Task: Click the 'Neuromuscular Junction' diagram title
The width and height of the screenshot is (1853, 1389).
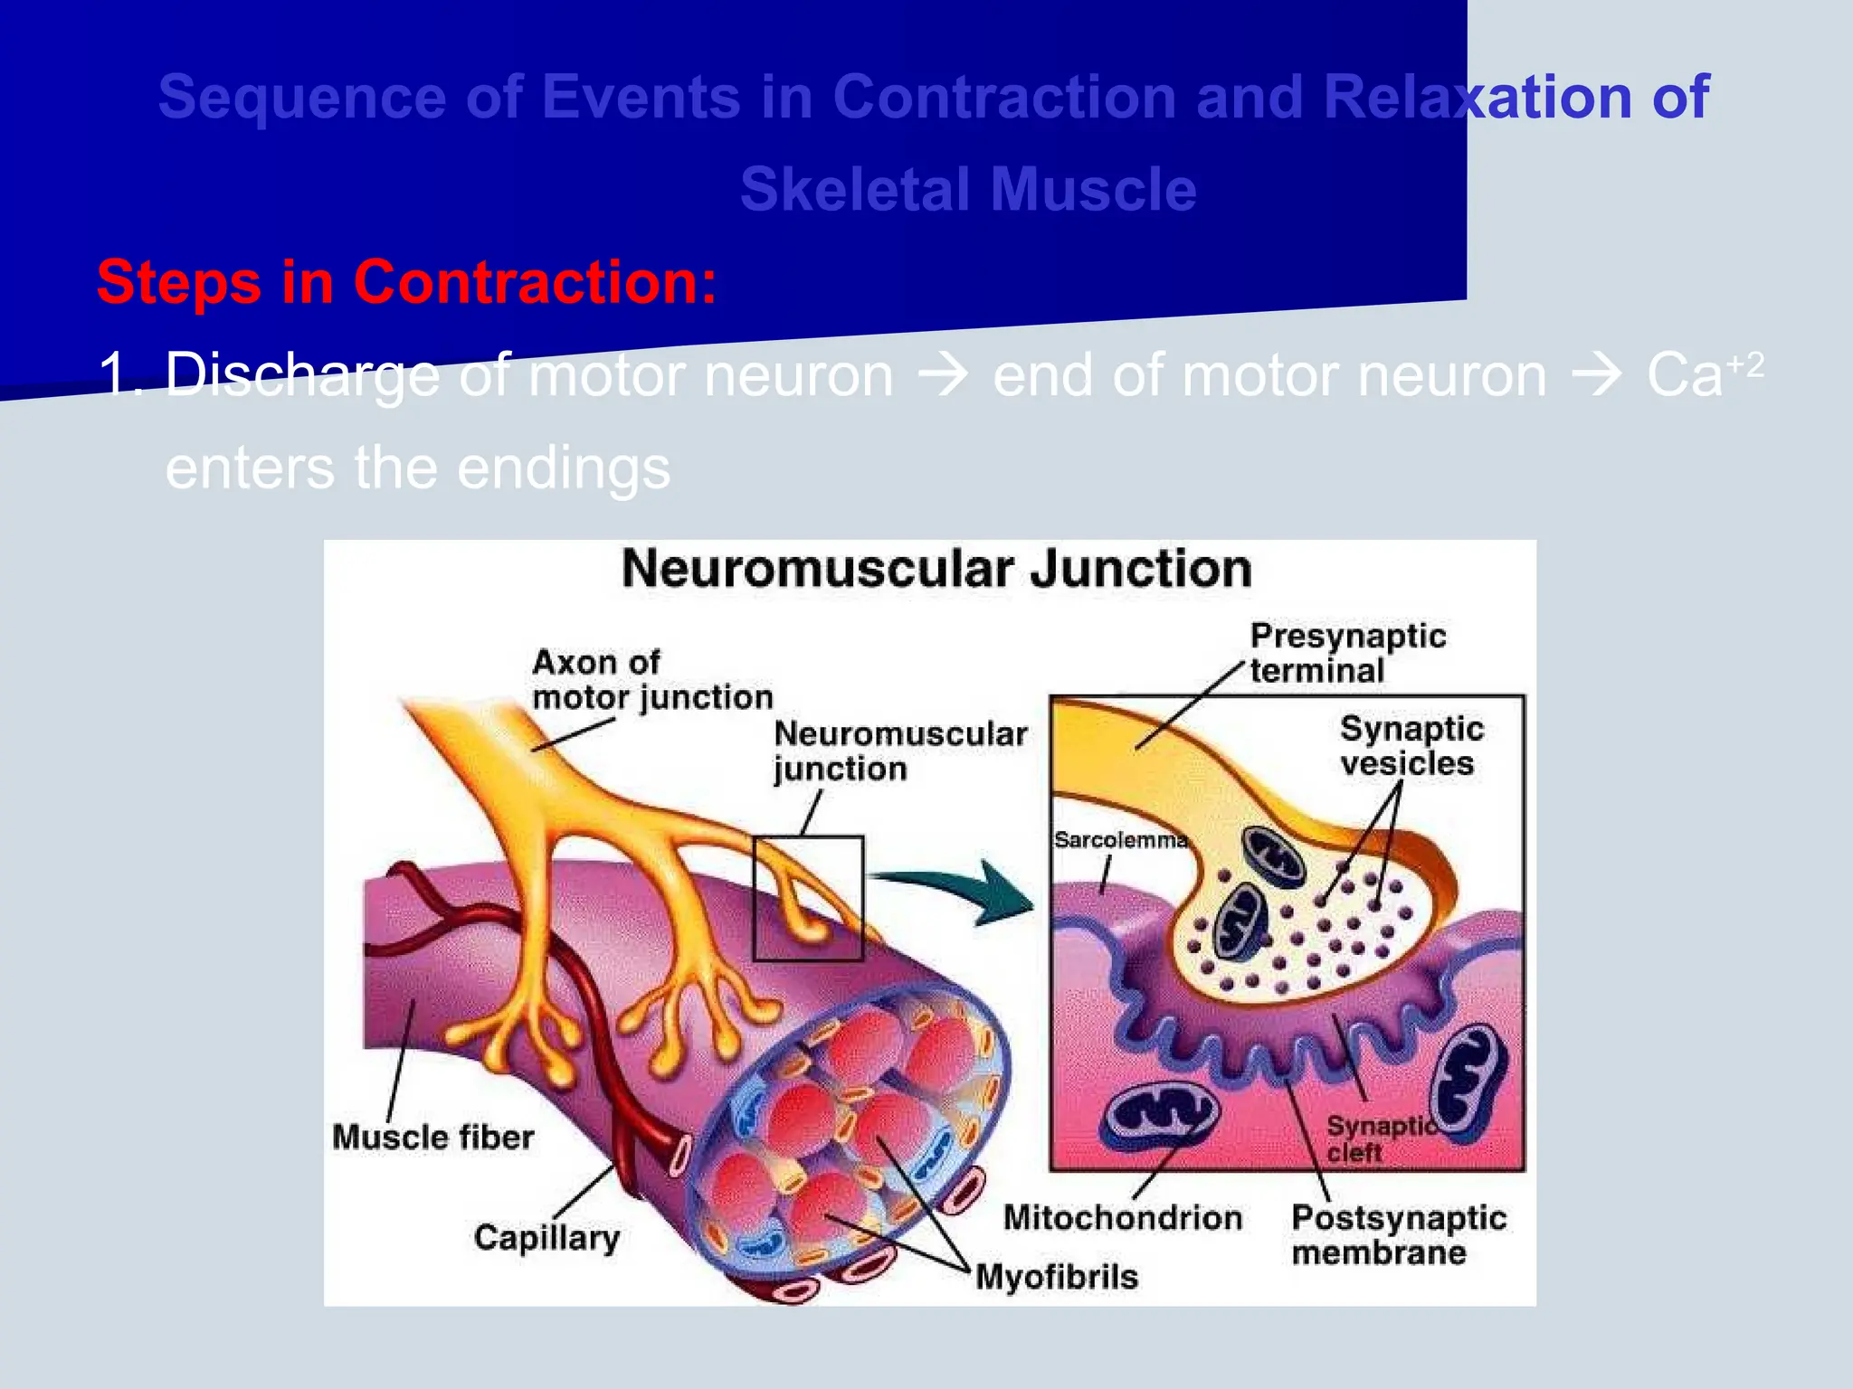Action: (936, 569)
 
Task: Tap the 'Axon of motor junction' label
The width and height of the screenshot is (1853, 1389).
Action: (651, 680)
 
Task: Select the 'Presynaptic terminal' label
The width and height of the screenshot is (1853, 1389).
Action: (1346, 653)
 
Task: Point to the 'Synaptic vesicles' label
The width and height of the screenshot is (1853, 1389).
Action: (1411, 745)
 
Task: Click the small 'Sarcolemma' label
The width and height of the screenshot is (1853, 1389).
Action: (1120, 840)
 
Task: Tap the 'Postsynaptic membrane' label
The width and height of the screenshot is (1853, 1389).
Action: (1398, 1235)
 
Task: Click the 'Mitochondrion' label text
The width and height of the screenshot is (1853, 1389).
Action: (1122, 1218)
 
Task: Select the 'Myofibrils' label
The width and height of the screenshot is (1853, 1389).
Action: (1057, 1277)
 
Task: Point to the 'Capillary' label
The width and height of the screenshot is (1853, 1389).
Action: (546, 1237)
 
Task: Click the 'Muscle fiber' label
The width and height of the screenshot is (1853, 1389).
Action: (432, 1137)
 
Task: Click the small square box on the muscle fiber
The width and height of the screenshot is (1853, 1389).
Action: (808, 898)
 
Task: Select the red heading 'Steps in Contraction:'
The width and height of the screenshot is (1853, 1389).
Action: (406, 282)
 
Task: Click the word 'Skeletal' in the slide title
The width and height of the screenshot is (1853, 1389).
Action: (856, 189)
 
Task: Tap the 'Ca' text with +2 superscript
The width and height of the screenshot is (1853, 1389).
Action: (1685, 374)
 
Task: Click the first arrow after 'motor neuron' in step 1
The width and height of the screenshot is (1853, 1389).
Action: (943, 374)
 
